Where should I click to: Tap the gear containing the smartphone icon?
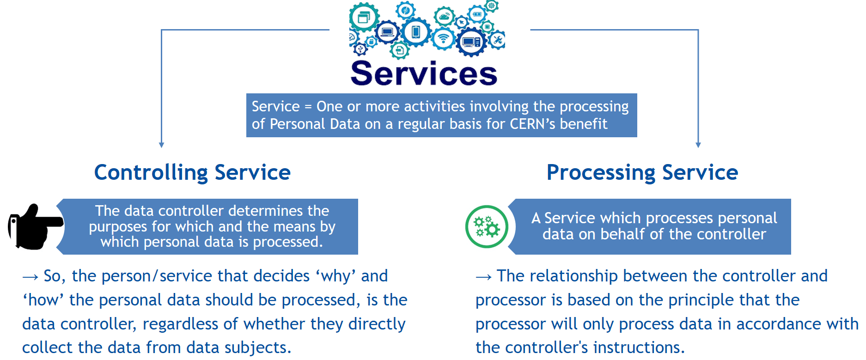[416, 32]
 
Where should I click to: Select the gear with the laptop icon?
[387, 32]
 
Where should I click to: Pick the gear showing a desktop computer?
[471, 42]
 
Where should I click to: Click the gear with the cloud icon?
[445, 17]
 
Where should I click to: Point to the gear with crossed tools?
[498, 40]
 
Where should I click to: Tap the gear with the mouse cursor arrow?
[461, 22]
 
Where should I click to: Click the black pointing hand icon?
[35, 226]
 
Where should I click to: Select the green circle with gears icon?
[487, 227]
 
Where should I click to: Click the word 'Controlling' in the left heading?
[151, 173]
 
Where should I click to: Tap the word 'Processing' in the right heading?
[601, 173]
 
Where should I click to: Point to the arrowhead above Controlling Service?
[161, 145]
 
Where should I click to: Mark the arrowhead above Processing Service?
[698, 145]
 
